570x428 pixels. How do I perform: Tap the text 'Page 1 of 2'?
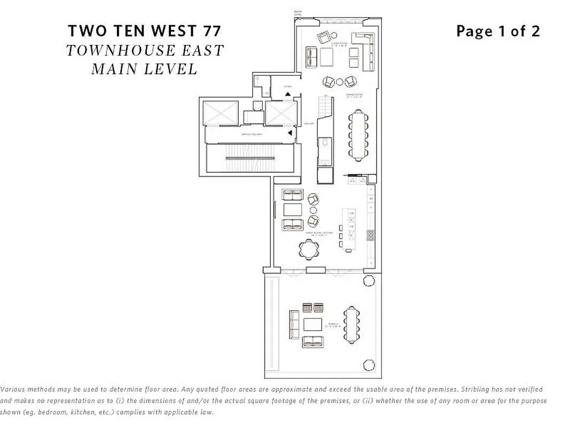[498, 31]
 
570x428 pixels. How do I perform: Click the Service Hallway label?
[252, 134]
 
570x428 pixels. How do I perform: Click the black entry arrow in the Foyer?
[288, 94]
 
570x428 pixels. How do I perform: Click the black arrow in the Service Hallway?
[290, 133]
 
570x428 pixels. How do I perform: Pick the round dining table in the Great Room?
[310, 248]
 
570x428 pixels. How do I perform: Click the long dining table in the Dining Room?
[357, 135]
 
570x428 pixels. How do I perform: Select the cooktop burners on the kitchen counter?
[370, 235]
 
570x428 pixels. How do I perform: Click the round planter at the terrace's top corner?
[369, 281]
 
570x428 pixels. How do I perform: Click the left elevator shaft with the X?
[221, 113]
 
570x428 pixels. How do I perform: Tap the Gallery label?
[308, 123]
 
